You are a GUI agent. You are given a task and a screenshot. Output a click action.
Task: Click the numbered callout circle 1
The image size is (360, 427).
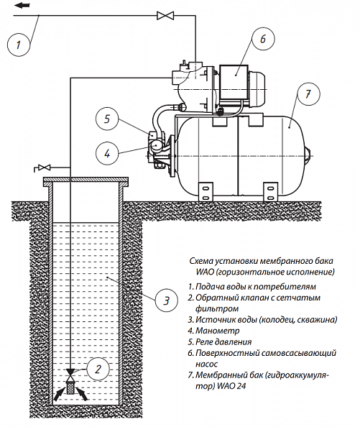(18, 45)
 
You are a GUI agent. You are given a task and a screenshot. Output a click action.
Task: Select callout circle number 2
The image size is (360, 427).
(98, 369)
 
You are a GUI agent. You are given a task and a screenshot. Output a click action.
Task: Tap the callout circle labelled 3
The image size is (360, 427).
(167, 300)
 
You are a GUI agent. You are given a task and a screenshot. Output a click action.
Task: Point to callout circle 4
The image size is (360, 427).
(107, 153)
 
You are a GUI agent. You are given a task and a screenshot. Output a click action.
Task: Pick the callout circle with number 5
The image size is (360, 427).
(107, 119)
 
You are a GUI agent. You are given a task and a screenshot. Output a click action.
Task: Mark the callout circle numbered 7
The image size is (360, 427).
(308, 94)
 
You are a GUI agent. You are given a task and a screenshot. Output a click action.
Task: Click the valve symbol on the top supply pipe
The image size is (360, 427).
(165, 16)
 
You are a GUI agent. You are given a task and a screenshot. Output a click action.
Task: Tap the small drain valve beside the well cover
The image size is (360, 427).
(44, 167)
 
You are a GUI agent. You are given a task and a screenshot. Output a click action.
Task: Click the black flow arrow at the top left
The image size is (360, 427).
(22, 6)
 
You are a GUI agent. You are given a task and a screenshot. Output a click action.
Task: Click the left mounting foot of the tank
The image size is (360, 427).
(206, 191)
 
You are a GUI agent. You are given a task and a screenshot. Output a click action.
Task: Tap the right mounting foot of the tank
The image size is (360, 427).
(270, 191)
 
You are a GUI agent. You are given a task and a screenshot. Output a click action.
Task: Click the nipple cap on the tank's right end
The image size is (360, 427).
(308, 156)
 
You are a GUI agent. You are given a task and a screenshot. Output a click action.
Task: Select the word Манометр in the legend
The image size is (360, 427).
(218, 331)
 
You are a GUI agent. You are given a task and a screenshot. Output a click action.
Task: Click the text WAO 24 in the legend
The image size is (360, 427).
(231, 386)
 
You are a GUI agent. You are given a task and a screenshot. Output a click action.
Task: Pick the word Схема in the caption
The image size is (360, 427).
(201, 261)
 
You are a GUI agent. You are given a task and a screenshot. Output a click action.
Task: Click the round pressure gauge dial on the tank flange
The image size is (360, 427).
(156, 145)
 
